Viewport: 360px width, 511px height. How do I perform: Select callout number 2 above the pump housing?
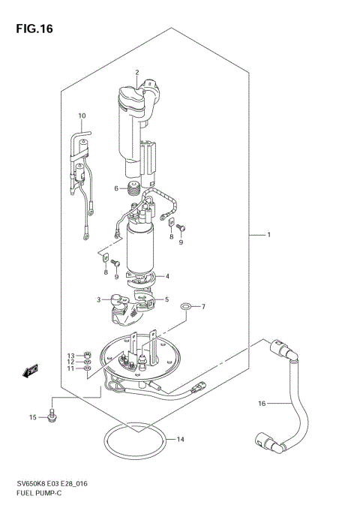(137, 72)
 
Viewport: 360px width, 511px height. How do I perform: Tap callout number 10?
(82, 116)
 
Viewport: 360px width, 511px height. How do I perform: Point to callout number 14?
(180, 439)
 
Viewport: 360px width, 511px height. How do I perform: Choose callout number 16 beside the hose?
(262, 404)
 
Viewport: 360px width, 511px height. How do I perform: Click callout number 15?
(31, 417)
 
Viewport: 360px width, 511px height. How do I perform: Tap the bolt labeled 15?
(52, 413)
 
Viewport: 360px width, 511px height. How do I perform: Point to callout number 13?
(70, 355)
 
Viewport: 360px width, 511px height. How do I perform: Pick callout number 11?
(70, 369)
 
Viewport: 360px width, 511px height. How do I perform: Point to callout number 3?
(98, 299)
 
